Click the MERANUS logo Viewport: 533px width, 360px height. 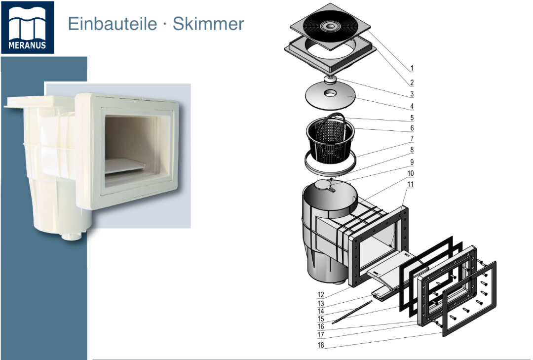27,27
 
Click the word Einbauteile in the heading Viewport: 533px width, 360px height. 113,24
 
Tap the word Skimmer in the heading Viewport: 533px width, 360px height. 208,24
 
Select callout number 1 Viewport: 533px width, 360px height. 412,68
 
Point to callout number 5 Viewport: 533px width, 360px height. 412,118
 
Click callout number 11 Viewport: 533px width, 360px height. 411,184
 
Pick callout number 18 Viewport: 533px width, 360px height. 321,345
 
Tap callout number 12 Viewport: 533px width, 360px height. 321,295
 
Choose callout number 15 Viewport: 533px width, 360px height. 321,319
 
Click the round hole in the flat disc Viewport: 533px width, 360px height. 329,92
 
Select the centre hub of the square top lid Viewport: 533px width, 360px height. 329,26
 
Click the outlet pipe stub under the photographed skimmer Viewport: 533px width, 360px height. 72,236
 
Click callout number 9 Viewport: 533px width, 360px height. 412,162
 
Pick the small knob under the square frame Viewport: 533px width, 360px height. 330,80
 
